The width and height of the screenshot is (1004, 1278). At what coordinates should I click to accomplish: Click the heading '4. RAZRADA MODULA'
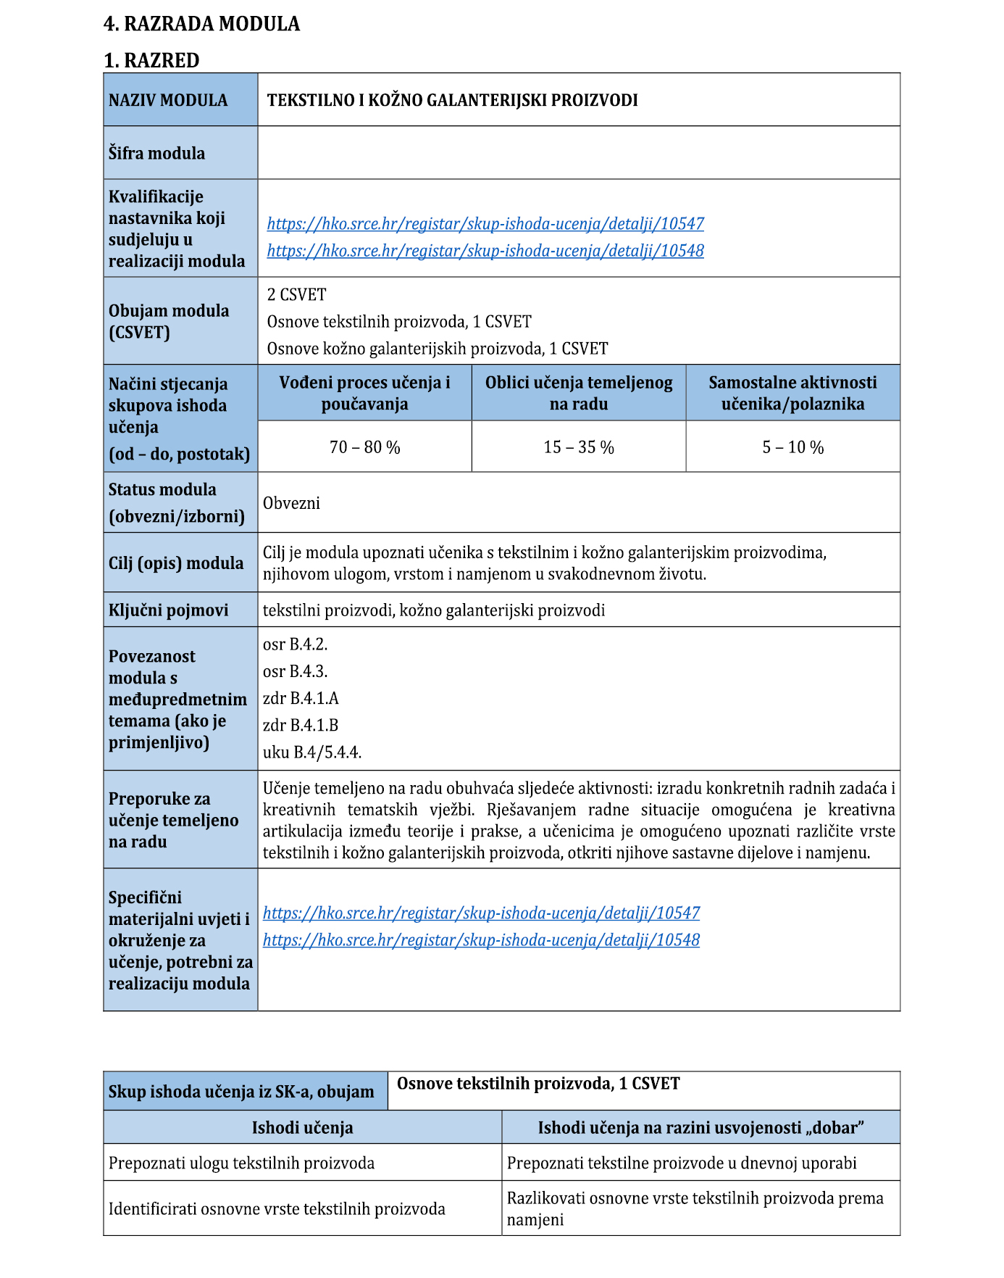pos(201,24)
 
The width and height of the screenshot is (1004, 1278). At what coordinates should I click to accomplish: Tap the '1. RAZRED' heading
pos(151,60)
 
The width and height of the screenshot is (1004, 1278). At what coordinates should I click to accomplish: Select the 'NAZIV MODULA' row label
pos(168,100)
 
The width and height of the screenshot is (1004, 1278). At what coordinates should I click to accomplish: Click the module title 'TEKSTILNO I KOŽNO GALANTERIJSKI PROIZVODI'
pos(452,100)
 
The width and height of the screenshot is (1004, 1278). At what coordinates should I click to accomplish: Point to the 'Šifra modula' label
pos(156,153)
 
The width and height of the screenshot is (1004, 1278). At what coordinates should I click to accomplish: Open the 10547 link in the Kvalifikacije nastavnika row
pos(485,223)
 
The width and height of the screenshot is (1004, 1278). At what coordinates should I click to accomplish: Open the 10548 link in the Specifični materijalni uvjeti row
pos(481,939)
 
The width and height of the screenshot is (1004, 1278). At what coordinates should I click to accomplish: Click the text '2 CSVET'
pos(296,294)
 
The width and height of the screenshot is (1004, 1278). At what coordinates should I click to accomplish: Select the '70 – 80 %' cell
pos(364,447)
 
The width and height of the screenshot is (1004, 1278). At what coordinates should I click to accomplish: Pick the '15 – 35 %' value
pos(579,447)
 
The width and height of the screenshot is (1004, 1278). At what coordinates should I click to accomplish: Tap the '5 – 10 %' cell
pos(792,447)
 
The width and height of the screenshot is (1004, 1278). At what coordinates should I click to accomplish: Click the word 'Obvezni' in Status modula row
pos(291,503)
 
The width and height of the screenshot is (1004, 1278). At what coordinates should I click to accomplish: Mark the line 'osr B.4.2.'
pos(295,644)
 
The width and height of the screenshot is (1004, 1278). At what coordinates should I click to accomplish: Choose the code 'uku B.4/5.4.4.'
pos(311,752)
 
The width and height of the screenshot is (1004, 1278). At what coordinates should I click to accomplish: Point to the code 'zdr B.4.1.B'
pos(300,725)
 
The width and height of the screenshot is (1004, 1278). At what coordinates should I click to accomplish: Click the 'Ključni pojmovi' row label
pos(168,610)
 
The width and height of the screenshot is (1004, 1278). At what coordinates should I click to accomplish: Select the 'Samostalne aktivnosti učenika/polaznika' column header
pos(792,393)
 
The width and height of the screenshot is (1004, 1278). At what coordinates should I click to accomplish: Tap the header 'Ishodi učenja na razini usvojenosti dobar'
pos(700,1127)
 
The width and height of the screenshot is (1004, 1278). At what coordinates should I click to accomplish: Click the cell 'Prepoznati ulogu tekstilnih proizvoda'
pos(241,1163)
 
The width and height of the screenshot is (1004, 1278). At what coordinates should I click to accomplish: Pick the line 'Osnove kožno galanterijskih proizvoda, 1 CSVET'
pos(437,349)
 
